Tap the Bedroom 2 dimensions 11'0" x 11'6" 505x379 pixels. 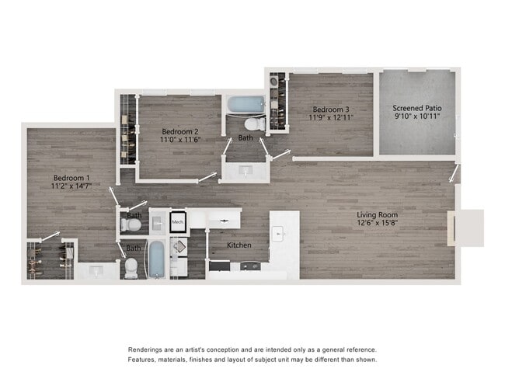pyautogui.click(x=180, y=140)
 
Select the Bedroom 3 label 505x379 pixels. pyautogui.click(x=330, y=109)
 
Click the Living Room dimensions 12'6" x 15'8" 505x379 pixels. pyautogui.click(x=377, y=224)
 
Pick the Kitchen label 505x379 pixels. pyautogui.click(x=239, y=245)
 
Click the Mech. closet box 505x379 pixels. pyautogui.click(x=178, y=222)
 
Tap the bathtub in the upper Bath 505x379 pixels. pyautogui.click(x=247, y=103)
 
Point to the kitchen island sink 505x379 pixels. pyautogui.click(x=279, y=231)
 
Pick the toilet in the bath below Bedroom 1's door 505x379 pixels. pyautogui.click(x=132, y=226)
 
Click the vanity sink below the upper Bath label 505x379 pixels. pyautogui.click(x=246, y=171)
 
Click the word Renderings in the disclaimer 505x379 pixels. pyautogui.click(x=149, y=350)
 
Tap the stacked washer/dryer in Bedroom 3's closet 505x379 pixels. pyautogui.click(x=274, y=81)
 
